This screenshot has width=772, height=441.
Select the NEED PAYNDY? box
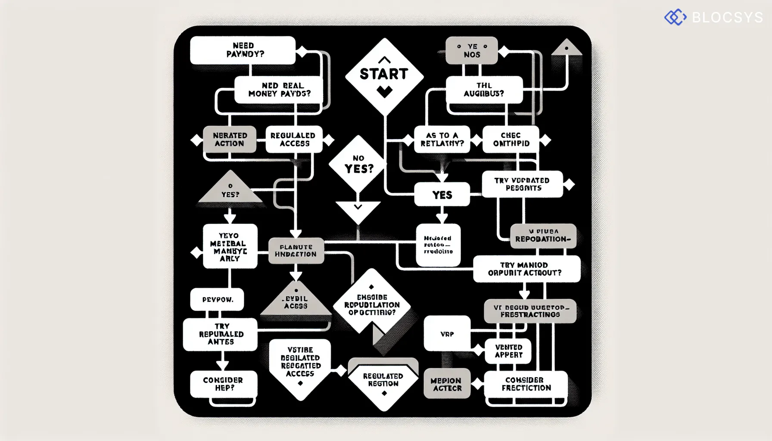click(243, 50)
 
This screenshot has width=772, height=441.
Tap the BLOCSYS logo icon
click(675, 17)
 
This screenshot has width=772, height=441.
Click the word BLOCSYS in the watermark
click(728, 17)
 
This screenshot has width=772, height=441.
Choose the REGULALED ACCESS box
click(294, 140)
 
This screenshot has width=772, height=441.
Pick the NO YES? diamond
click(358, 164)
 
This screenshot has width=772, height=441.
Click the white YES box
click(442, 195)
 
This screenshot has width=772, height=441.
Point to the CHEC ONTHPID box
click(511, 140)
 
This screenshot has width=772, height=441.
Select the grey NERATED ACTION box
click(230, 140)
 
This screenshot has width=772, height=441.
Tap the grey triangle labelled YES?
click(230, 189)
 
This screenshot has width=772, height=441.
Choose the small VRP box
click(447, 333)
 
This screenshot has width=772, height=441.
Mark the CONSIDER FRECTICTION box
click(526, 384)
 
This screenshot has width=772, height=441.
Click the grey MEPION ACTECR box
click(447, 384)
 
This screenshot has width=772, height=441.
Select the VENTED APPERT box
click(508, 351)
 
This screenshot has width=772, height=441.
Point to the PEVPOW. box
click(217, 299)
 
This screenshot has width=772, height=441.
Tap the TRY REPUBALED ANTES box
click(221, 334)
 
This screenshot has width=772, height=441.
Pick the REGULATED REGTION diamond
click(383, 382)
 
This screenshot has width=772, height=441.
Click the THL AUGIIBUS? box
click(484, 90)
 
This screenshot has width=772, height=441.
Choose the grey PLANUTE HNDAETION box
click(296, 251)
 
